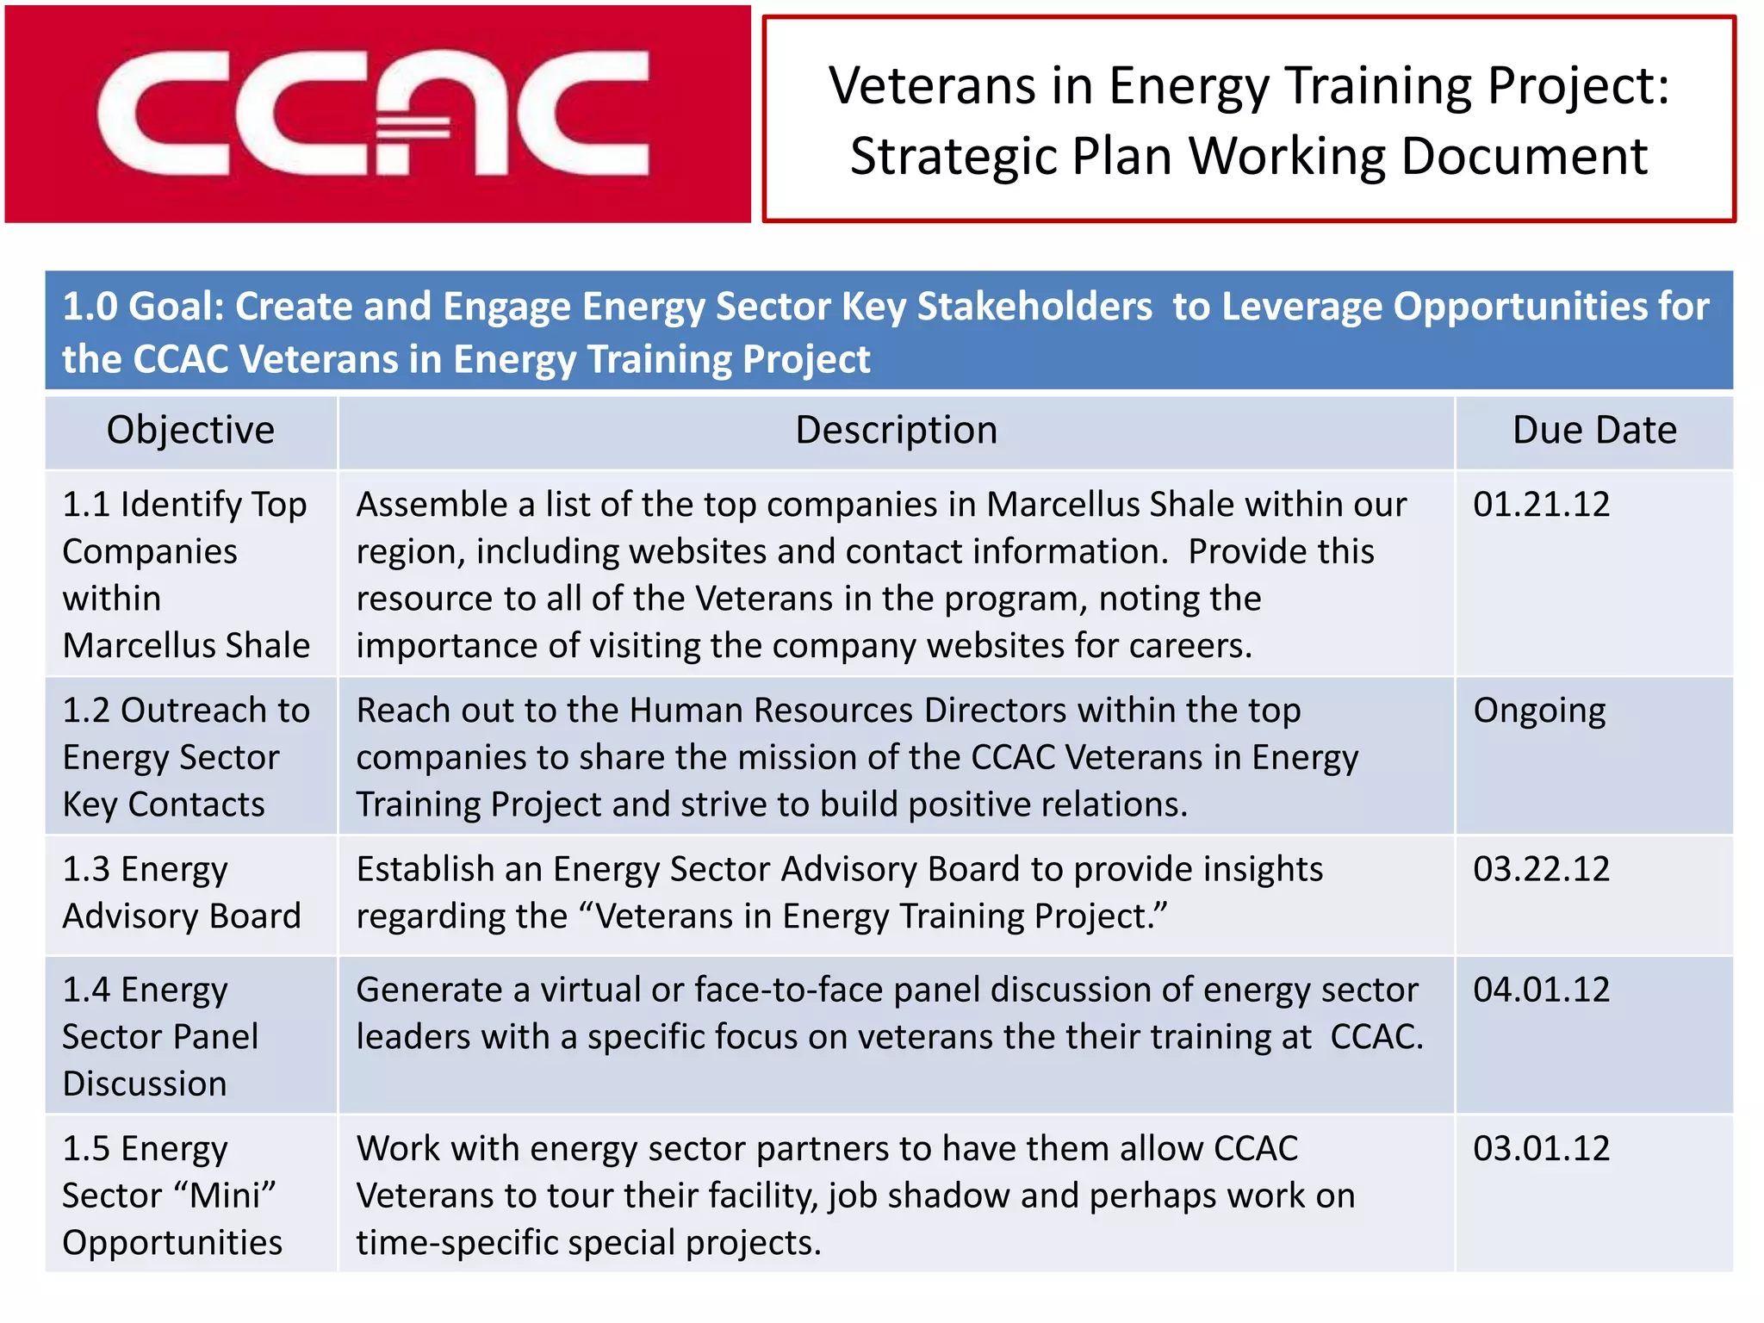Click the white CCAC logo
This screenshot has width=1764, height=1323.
[x=372, y=114]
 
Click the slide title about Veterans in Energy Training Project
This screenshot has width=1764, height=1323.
[x=1249, y=121]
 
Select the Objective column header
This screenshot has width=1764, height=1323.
[x=190, y=430]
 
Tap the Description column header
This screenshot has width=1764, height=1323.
[x=896, y=430]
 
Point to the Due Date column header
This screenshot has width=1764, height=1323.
[x=1594, y=430]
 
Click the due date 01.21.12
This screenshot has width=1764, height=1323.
[x=1541, y=505]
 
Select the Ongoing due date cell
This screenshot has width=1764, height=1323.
[x=1539, y=711]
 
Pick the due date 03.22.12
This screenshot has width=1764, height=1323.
[x=1541, y=869]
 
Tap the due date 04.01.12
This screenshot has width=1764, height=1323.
[x=1541, y=990]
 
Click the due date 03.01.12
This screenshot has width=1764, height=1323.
[x=1541, y=1148]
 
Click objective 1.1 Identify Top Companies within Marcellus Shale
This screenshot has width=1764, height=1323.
[x=186, y=575]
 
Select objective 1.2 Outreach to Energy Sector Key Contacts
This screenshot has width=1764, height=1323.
[x=186, y=757]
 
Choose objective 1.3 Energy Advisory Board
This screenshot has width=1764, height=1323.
[x=182, y=892]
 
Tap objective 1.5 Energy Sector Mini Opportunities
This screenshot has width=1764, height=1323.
[x=171, y=1196]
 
